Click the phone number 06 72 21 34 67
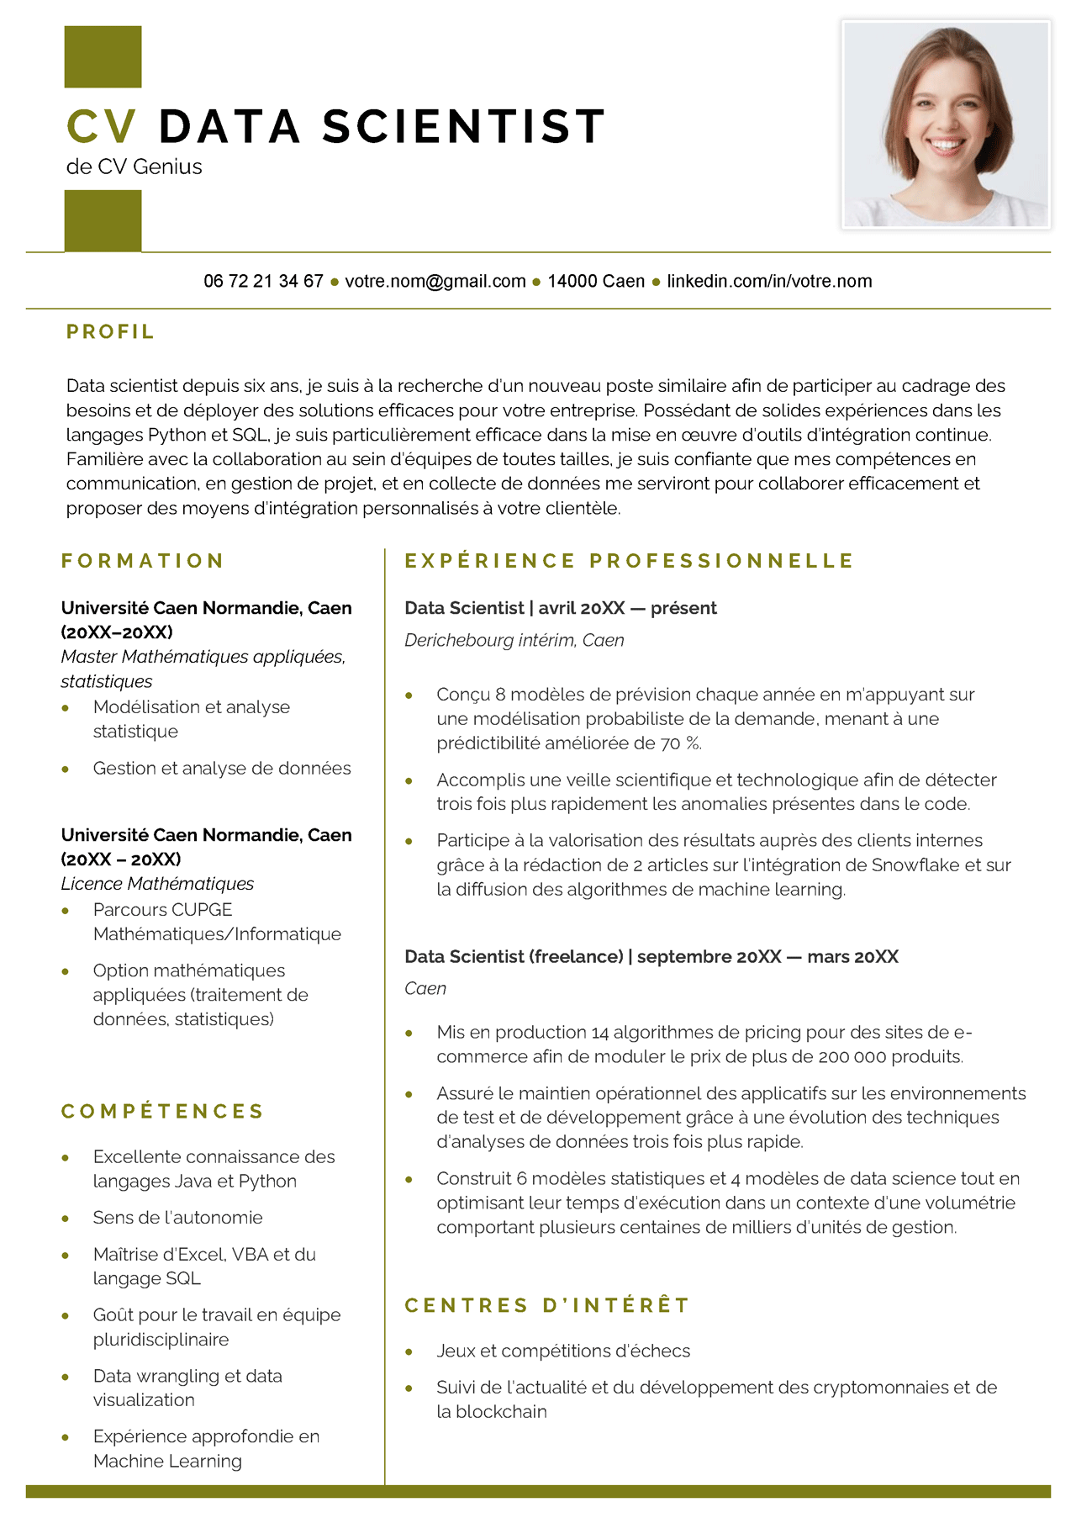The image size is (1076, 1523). tap(263, 281)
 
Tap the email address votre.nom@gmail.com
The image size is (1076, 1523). tap(435, 281)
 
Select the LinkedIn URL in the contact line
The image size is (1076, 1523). tap(769, 281)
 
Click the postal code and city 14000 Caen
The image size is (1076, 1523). tap(596, 281)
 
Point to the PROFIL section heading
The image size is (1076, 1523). tap(110, 332)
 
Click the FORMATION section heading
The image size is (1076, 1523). tap(143, 561)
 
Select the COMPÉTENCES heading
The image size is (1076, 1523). tap(163, 1112)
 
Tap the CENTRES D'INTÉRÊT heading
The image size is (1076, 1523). tap(547, 1305)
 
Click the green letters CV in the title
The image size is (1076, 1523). tap(102, 127)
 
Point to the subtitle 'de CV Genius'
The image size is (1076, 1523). tap(134, 167)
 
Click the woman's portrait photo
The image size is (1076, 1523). tap(946, 124)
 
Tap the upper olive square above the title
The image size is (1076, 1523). tap(103, 56)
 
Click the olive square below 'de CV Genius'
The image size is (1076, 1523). tap(103, 220)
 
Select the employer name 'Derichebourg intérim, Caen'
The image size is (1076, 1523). tap(514, 640)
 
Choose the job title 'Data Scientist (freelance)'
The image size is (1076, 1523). tap(514, 956)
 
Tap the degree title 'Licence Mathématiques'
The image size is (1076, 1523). tap(157, 884)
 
